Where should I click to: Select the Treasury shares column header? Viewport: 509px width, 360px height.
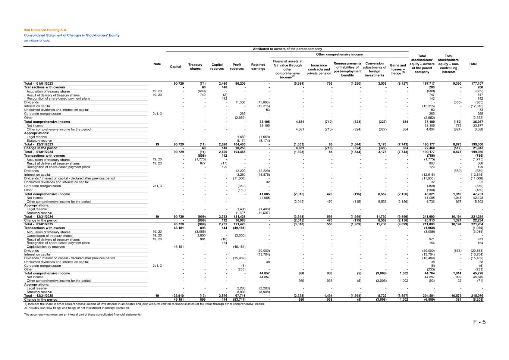tap(195, 66)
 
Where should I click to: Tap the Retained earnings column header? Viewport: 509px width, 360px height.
tap(258, 66)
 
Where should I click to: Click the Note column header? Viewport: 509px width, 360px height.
tap(157, 64)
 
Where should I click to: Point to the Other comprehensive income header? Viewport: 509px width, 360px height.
tap(339, 54)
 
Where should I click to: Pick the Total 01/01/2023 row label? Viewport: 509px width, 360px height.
tap(39, 84)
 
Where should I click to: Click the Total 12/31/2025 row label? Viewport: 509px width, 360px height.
tap(39, 295)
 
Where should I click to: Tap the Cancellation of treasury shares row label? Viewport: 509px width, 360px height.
tap(50, 236)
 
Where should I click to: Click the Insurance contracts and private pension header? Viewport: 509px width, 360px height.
tap(318, 69)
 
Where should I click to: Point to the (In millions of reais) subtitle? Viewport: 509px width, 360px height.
tap(37, 40)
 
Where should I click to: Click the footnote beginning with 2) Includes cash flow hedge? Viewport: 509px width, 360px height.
tap(77, 308)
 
